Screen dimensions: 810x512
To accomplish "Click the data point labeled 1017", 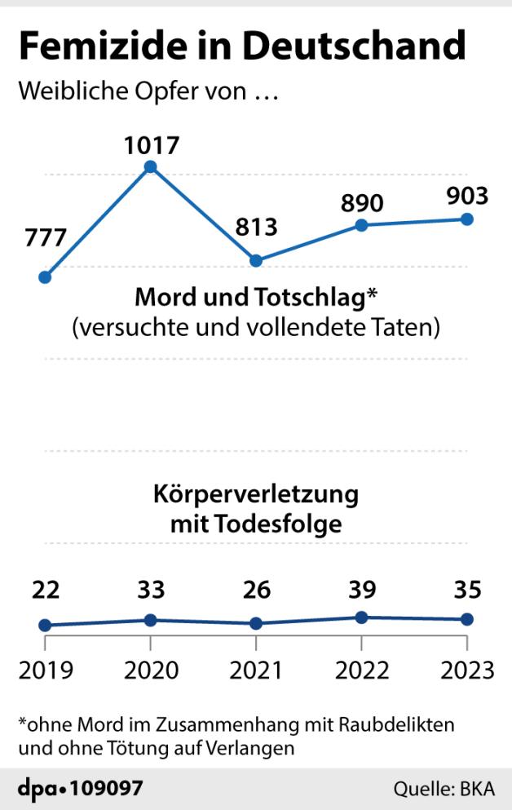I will click(x=151, y=167).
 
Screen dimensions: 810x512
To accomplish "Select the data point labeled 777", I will click(x=45, y=277).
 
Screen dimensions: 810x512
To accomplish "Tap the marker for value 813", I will click(x=256, y=261).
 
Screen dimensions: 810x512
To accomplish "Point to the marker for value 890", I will click(x=361, y=225).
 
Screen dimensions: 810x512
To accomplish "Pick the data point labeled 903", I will click(x=467, y=219).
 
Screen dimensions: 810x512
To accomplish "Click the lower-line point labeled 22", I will click(x=45, y=626).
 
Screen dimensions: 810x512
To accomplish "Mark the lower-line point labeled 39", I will click(x=361, y=617).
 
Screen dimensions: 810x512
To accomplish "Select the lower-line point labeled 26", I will click(x=256, y=623).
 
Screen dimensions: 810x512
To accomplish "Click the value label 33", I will click(x=151, y=589).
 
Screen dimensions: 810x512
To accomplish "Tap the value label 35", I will click(x=467, y=589).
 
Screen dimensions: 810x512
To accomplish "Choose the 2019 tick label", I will click(x=46, y=671).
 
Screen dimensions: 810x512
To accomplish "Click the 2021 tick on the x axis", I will click(x=256, y=671).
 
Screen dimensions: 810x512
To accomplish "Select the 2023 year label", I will click(x=466, y=671).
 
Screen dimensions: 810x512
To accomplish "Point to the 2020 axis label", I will click(x=151, y=671).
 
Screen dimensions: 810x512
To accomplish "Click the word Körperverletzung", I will click(x=256, y=494).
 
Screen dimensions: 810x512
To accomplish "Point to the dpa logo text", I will click(x=41, y=789).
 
